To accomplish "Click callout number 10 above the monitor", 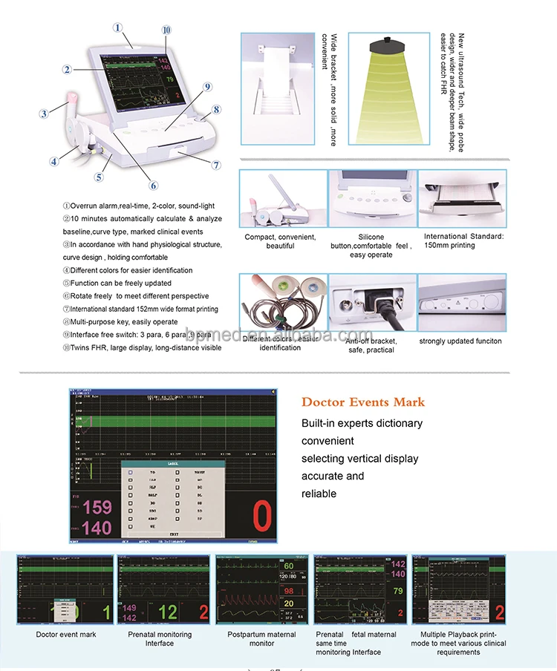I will point(166,30).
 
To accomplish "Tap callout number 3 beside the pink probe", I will point(44,114).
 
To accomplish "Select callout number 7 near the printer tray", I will point(216,166).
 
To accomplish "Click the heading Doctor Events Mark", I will point(363,402).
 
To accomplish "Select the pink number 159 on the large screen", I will point(97,508).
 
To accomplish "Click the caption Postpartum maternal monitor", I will point(261,639).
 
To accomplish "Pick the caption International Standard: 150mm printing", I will point(463,240).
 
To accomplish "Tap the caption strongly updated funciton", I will point(460,341).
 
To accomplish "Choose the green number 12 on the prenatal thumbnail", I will point(169,612).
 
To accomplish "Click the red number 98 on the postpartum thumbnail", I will point(290,591).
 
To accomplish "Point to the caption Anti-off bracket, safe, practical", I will point(371,345).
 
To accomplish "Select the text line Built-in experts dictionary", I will point(362,423).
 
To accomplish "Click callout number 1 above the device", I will point(117,27).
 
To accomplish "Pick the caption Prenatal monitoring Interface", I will point(160,639).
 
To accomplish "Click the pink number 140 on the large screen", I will point(97,529).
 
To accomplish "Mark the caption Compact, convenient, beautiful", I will point(280,241).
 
